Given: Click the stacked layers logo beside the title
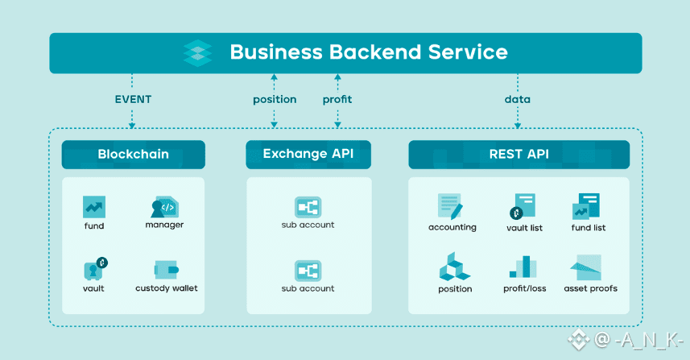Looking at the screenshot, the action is pos(197,53).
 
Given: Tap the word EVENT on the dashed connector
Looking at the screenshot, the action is pos(133,99).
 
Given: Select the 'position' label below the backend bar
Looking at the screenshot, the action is pos(275,100).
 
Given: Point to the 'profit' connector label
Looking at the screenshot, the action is pos(337,100).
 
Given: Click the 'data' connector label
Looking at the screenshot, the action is pos(518,99).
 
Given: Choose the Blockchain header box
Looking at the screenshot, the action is pos(134,155).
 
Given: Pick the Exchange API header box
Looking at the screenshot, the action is pos(308,155).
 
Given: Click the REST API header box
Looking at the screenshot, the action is pos(519,155).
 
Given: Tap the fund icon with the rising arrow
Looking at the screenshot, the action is pos(94,207).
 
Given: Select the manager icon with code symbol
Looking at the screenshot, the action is pos(164,207).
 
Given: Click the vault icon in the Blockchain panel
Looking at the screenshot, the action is pos(96,268).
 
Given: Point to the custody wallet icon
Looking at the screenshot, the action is pos(167,270).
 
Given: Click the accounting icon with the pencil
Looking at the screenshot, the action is pos(450,206).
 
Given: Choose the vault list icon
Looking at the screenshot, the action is pos(523,206).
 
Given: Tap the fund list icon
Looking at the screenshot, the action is pos(586,206).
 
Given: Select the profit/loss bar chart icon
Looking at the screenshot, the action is pos(523,267).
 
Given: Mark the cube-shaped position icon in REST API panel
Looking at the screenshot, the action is pos(455,267).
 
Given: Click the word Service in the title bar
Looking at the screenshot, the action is pos(469,52).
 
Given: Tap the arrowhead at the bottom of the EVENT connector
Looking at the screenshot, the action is pos(132,126).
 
